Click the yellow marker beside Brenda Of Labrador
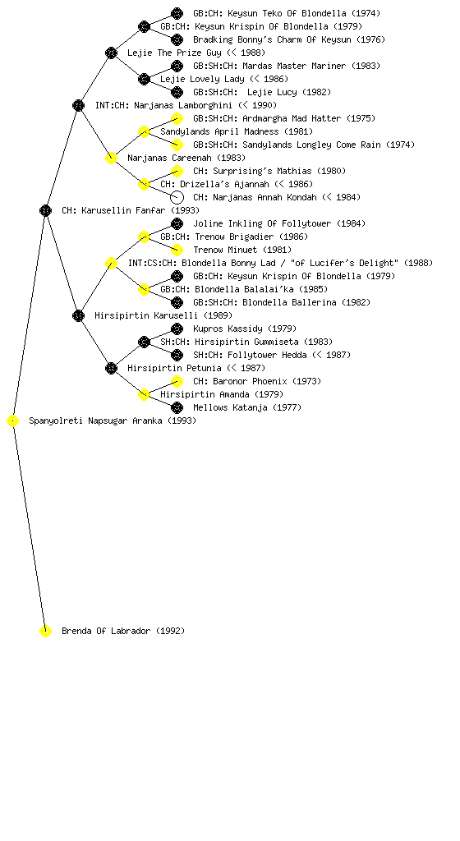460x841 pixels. (x=45, y=631)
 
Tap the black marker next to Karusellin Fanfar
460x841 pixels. (x=45, y=210)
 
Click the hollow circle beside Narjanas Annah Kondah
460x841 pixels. (x=177, y=197)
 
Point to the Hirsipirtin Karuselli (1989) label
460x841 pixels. (x=163, y=315)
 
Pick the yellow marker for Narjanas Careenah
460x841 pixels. (x=111, y=158)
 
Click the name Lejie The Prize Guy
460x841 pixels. (x=174, y=53)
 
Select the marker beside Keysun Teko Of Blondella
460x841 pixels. (x=177, y=13)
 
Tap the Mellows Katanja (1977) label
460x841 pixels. (x=247, y=407)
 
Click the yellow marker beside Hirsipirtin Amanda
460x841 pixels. (x=144, y=394)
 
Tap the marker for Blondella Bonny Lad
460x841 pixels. (x=111, y=263)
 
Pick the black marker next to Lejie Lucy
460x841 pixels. (x=177, y=92)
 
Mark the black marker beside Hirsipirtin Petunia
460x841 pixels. (x=111, y=368)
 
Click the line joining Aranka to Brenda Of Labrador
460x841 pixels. (x=30, y=526)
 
